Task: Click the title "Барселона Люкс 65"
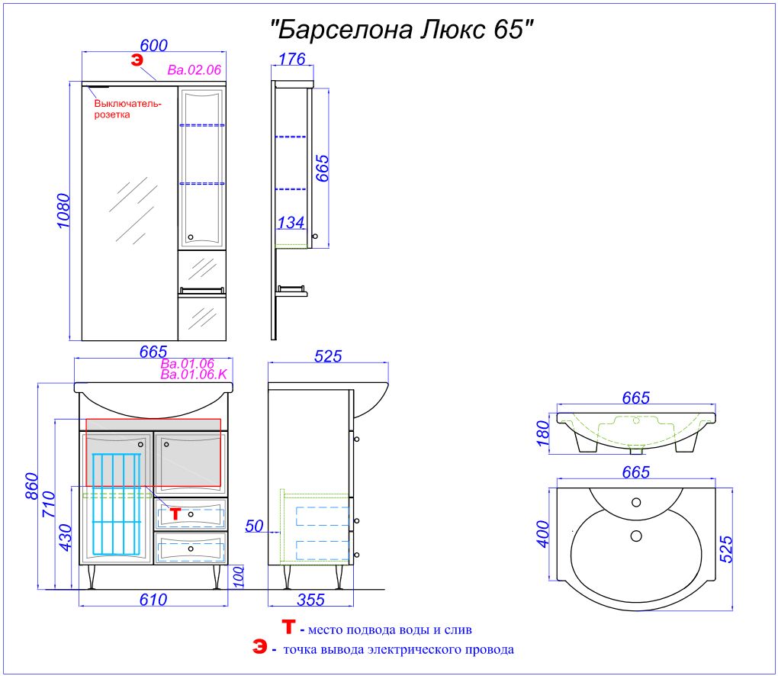401,29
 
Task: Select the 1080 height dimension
64,211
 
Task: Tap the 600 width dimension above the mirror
153,45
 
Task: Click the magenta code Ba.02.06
194,70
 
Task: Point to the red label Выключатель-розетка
128,109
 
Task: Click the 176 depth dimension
291,59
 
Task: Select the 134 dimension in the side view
291,222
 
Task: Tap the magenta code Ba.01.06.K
194,374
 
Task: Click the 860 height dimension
31,487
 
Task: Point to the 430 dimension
66,538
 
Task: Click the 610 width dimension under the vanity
153,600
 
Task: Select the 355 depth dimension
310,600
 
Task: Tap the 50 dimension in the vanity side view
254,526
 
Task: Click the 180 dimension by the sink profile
543,433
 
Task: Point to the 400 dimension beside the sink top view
543,534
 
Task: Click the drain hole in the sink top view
636,536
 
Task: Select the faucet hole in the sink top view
636,502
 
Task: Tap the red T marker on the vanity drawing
175,513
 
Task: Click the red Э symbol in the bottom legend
259,647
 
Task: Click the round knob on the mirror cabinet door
191,238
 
